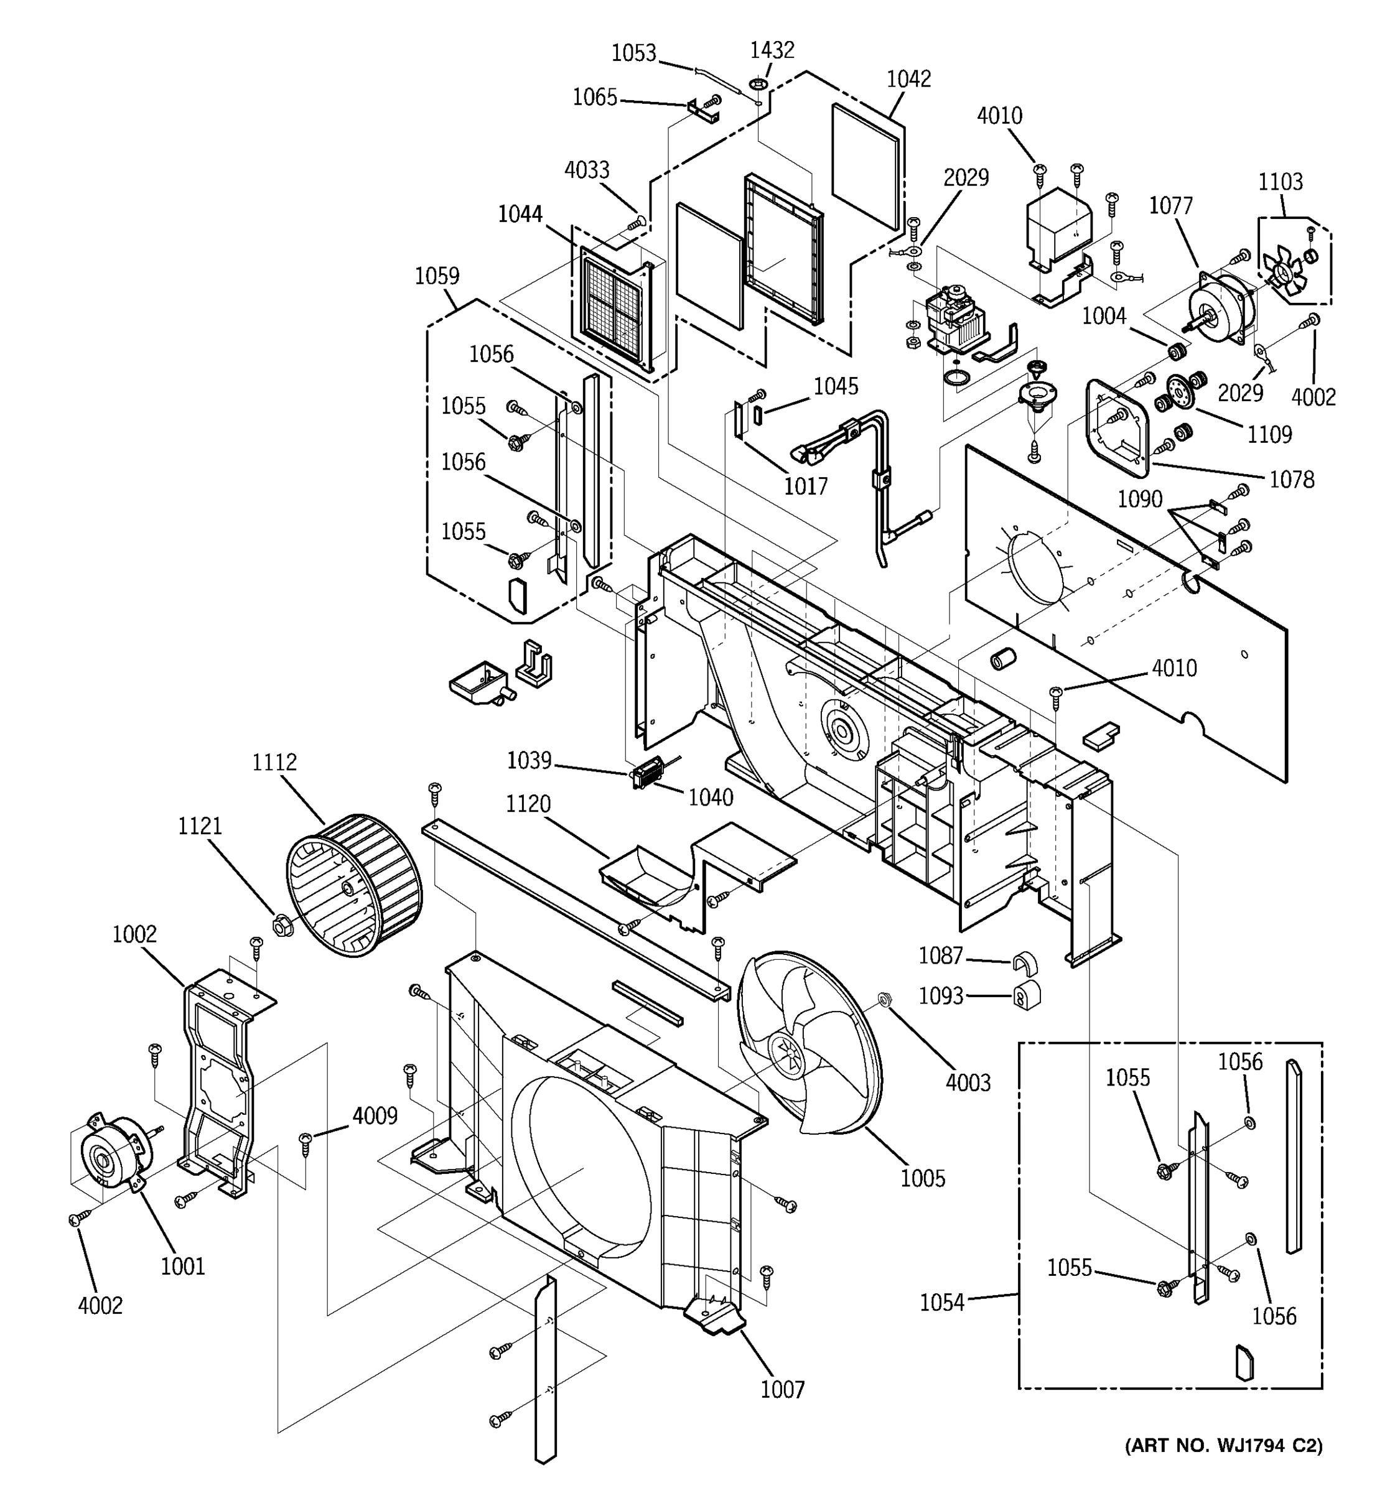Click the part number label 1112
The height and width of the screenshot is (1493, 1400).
click(274, 762)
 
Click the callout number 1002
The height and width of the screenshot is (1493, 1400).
click(134, 934)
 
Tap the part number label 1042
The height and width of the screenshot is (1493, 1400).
click(909, 80)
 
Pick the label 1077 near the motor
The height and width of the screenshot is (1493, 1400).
click(1171, 206)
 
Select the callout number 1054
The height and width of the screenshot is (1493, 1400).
click(942, 1303)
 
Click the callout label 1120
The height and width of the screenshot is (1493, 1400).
click(528, 804)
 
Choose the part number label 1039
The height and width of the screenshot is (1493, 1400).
click(529, 761)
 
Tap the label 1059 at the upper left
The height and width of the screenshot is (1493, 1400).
click(437, 276)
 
